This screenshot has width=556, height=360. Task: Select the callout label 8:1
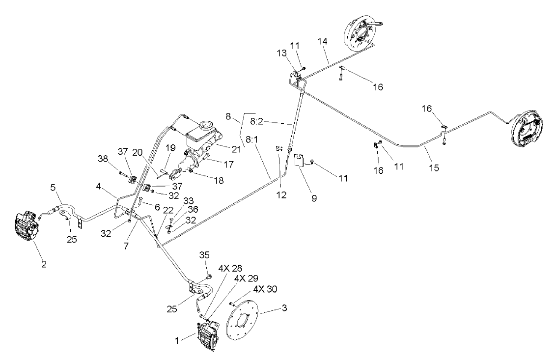coord(254,140)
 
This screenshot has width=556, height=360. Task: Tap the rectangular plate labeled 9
coord(301,161)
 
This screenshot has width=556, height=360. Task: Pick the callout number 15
coord(433,167)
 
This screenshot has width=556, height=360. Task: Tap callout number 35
coord(204,255)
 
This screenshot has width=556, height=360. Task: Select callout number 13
coord(294,53)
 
